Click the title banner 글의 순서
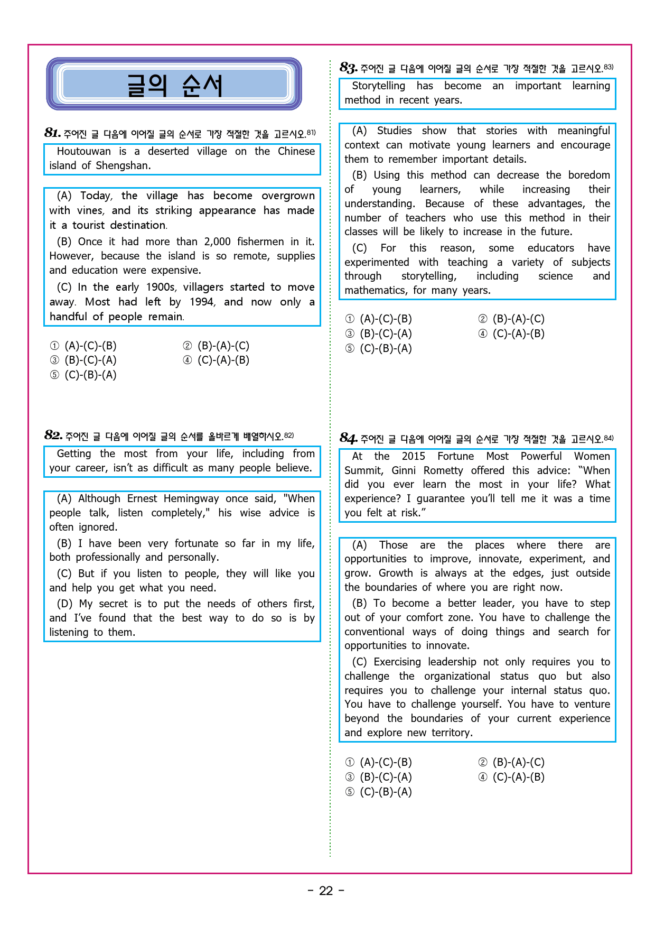pos(174,85)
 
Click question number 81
pos(52,132)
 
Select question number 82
pos(53,435)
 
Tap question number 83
pos(348,68)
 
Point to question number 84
pos(348,438)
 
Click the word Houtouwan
pos(83,151)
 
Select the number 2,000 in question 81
pos(217,242)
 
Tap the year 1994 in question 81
pos(202,302)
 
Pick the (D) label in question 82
pos(64,604)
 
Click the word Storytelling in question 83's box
pos(378,86)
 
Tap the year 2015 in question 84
pos(413,456)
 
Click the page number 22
pos(326,891)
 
